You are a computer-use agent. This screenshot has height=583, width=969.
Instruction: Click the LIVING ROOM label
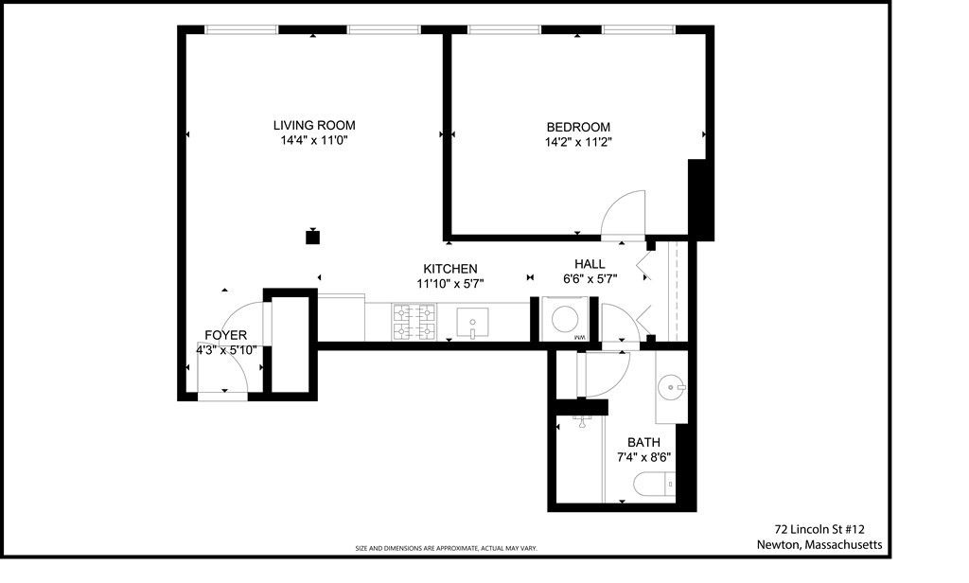point(314,125)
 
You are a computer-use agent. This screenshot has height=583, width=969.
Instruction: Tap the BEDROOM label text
point(577,127)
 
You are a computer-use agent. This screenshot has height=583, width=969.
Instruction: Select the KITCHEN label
point(449,269)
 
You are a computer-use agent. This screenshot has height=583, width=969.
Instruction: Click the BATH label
point(644,442)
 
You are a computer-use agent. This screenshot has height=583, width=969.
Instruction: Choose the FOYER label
point(225,335)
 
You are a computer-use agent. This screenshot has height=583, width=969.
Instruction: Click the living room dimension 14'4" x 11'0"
point(314,141)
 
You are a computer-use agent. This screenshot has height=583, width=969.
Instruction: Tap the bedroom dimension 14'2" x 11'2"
point(577,143)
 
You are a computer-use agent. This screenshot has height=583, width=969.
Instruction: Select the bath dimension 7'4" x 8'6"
point(644,457)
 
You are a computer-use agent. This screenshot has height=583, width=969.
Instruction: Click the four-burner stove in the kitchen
point(414,321)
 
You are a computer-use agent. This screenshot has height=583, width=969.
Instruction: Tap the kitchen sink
point(471,322)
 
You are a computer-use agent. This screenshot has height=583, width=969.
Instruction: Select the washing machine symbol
point(565,319)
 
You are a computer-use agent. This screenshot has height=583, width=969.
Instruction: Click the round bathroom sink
point(672,386)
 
